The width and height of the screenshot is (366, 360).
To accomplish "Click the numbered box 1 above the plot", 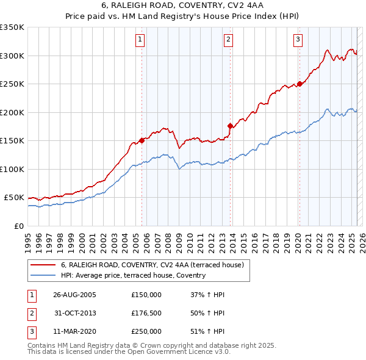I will pos(140,40).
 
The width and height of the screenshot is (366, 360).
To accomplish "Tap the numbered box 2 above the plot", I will pos(228,40).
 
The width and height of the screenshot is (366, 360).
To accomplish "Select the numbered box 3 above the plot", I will pos(298,40).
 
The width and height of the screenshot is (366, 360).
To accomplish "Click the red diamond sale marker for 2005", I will pos(142,140).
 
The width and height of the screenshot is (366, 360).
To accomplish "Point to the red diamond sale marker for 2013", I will pos(230,126).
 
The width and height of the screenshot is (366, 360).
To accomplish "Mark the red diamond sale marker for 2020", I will pos(300,84).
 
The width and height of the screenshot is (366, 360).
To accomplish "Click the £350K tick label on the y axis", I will pos(12,27).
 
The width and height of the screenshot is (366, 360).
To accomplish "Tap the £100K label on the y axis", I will pos(12,169).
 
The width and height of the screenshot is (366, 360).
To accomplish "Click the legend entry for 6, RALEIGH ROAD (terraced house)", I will pos(152,265).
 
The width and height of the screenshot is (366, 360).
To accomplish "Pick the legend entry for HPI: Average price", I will pos(133,275).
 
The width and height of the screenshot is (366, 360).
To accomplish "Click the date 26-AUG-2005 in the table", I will pos(75,295).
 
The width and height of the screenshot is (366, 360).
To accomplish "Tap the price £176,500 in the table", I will pos(146,313).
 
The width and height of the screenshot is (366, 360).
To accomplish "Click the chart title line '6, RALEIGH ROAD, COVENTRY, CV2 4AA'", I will pos(183,6).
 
